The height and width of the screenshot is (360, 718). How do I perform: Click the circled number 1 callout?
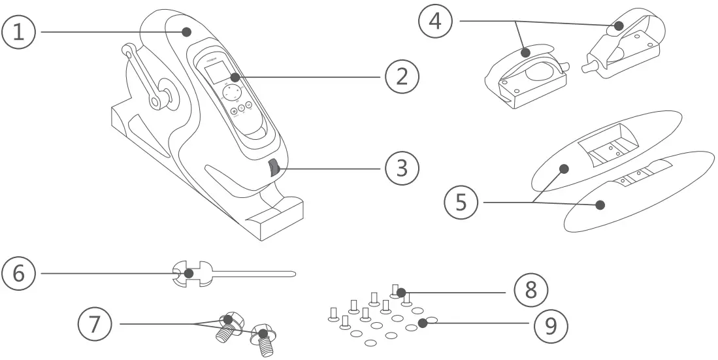point(20,31)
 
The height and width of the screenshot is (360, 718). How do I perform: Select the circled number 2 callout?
point(401,77)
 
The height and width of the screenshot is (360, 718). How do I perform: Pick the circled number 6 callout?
point(20,272)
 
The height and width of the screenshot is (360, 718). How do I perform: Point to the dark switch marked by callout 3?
point(273,170)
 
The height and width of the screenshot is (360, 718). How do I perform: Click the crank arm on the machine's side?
point(141,76)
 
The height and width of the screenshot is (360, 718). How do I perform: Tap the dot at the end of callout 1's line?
point(187,31)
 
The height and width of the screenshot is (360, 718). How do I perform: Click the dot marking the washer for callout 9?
point(423,322)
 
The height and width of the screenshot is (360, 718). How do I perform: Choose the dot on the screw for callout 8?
point(401,291)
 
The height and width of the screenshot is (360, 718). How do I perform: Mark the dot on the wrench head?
point(188,272)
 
